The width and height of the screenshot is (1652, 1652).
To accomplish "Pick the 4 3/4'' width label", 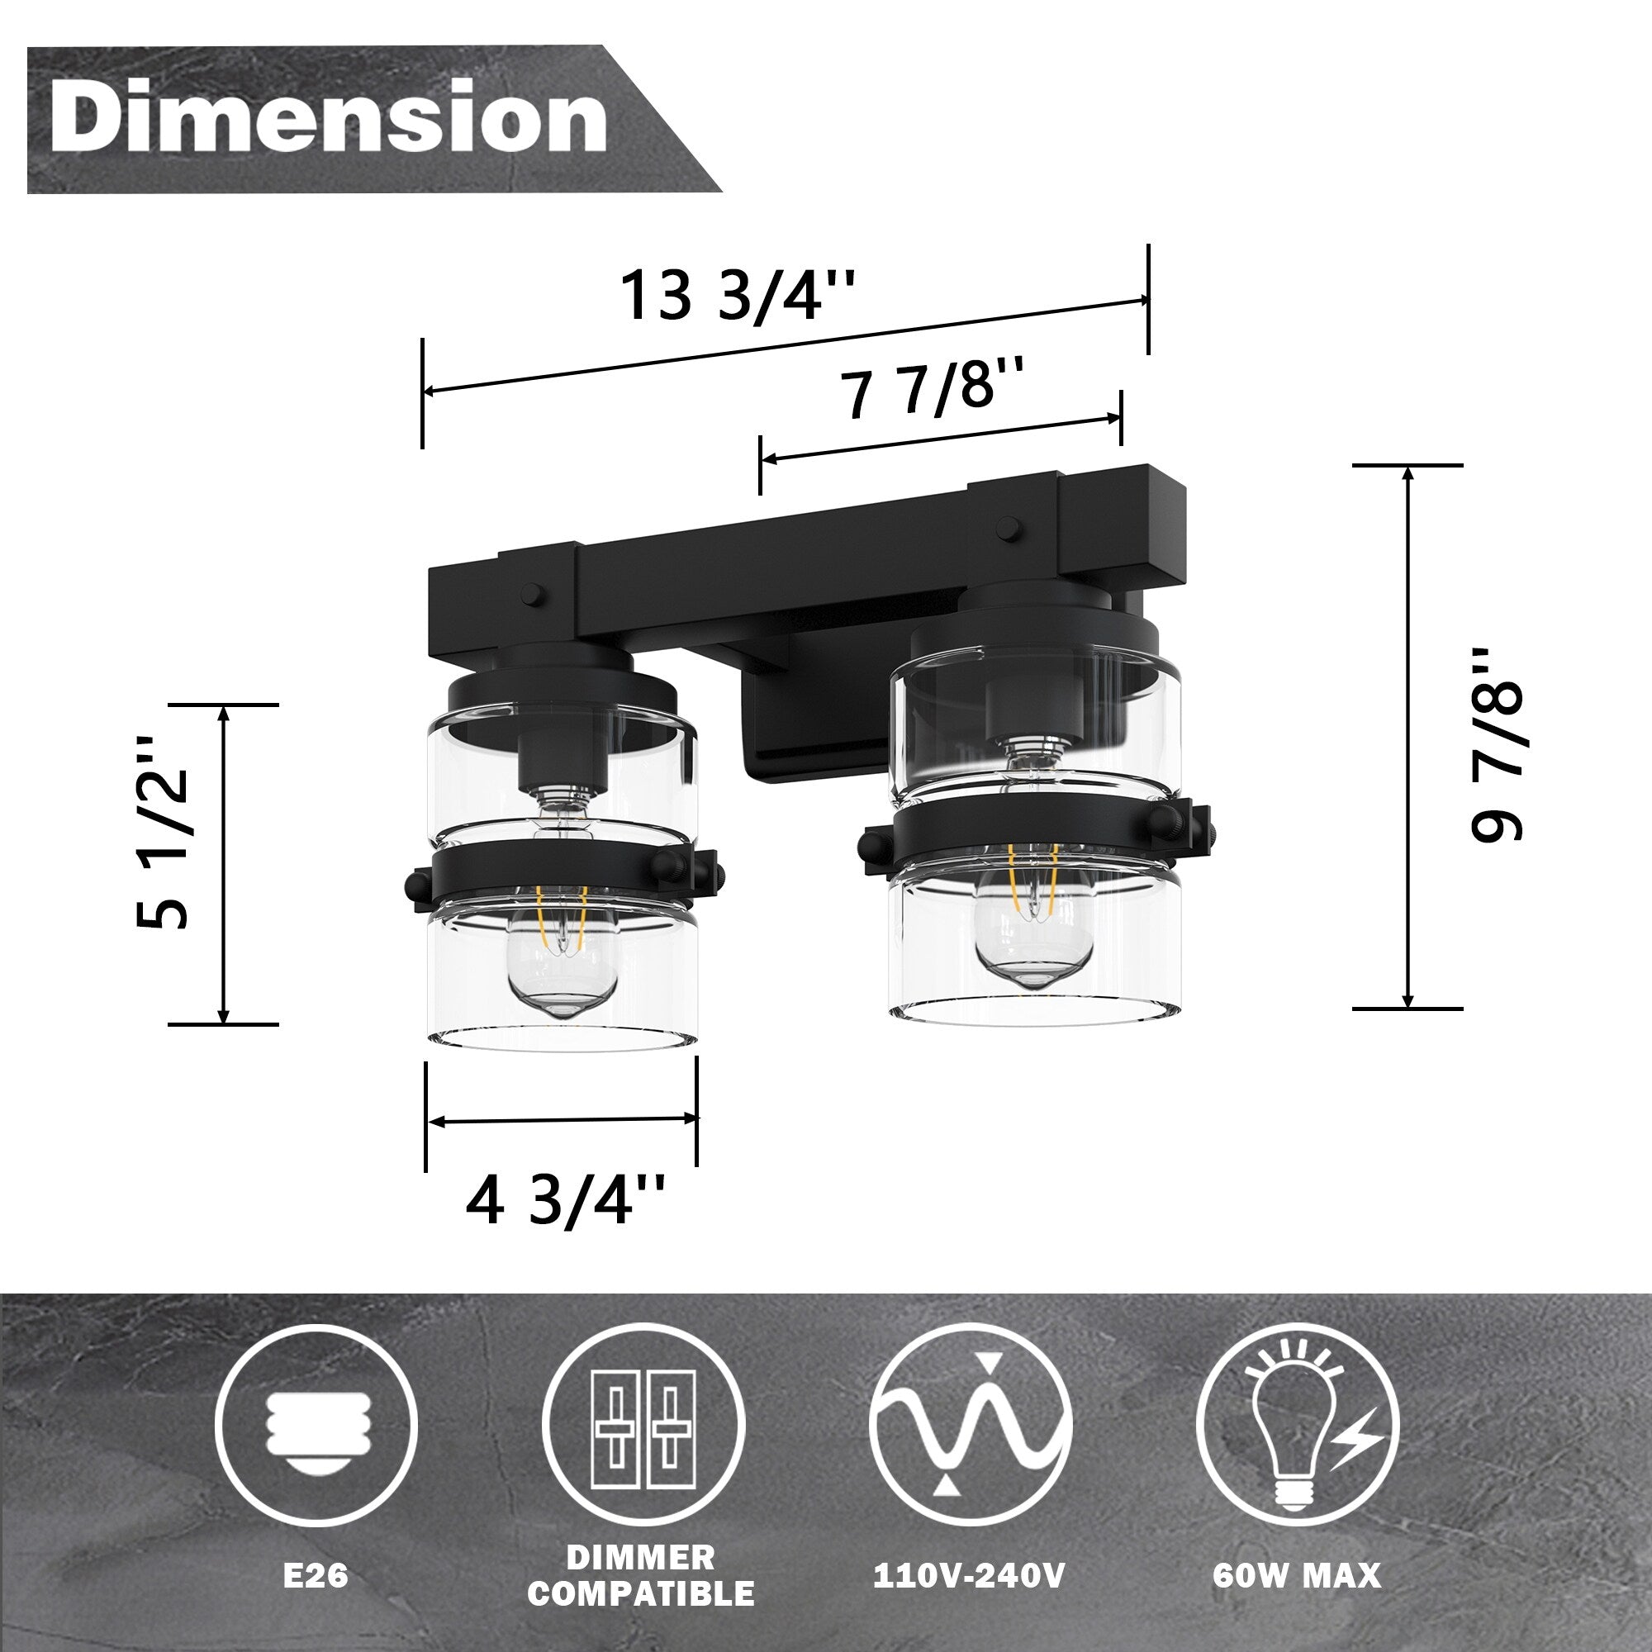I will coord(564,1200).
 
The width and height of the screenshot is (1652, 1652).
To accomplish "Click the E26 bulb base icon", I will coord(316,1426).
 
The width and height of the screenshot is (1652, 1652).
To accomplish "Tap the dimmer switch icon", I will coord(643,1426).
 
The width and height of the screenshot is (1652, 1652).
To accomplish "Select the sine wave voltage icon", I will coord(970,1426).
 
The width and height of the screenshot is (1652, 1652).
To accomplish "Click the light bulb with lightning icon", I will coord(1296,1426).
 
